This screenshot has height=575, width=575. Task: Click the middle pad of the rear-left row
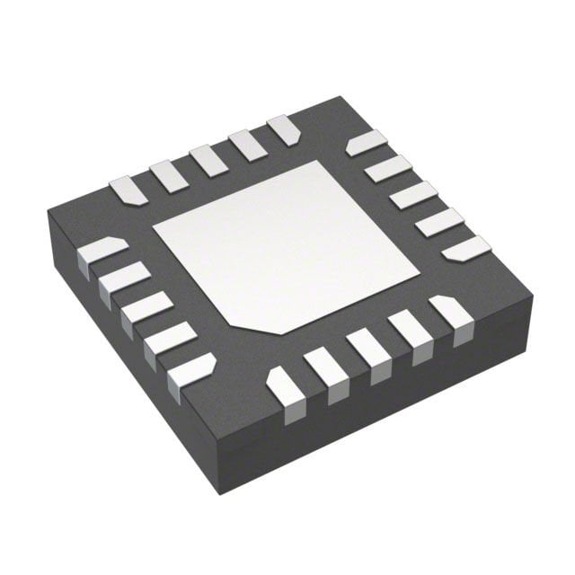(x=208, y=159)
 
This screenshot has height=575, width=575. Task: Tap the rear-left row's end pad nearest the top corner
(x=284, y=128)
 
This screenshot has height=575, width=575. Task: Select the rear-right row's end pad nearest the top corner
(x=366, y=142)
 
